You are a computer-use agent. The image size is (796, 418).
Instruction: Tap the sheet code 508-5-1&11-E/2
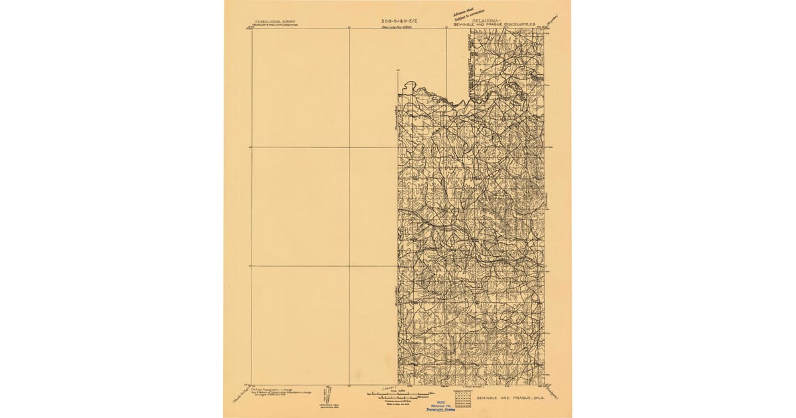point(397,21)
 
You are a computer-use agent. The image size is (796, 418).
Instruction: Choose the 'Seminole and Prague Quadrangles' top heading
point(508,25)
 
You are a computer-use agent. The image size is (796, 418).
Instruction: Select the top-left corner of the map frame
point(251,29)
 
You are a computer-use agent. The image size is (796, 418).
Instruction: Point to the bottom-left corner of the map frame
point(251,385)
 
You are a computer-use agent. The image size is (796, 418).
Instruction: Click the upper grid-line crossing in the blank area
point(349,147)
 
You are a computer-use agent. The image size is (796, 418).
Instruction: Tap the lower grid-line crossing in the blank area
point(349,267)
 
